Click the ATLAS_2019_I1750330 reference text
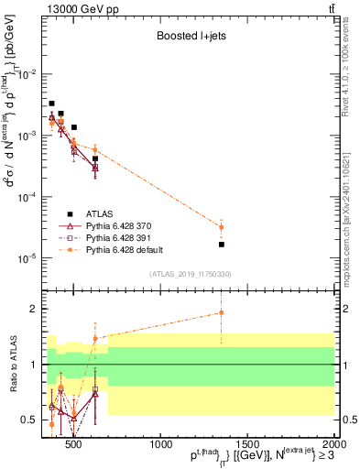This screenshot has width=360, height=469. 191,274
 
